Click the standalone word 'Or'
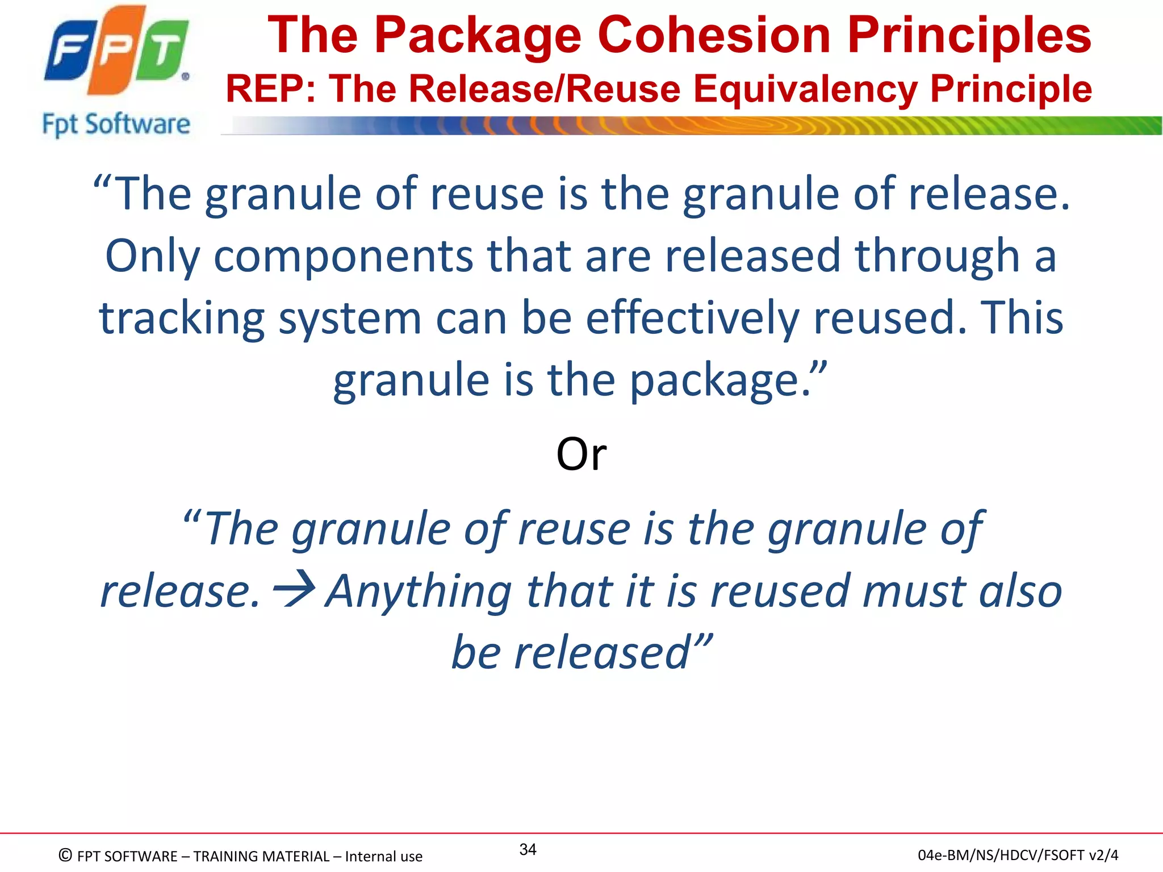[x=581, y=454]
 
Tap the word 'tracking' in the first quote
[x=182, y=318]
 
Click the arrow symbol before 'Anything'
[x=294, y=590]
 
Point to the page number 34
[x=528, y=849]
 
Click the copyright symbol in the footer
[x=65, y=855]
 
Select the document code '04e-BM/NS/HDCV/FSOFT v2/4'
[x=1018, y=855]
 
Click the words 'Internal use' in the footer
[x=383, y=856]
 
